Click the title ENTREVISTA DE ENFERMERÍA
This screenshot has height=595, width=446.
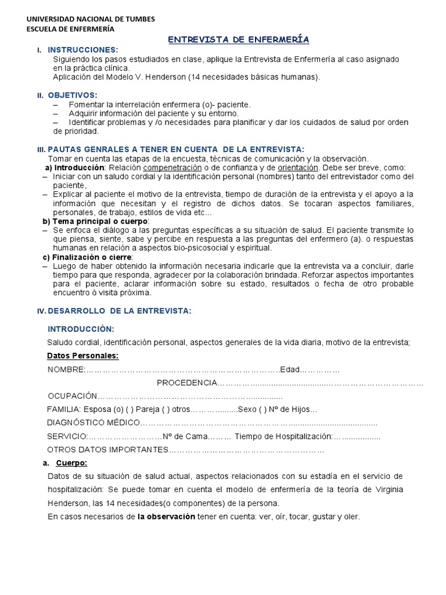239,39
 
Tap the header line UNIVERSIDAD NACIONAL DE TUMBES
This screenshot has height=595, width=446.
91,19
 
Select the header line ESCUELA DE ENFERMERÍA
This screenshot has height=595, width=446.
71,28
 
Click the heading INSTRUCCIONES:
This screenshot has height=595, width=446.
82,50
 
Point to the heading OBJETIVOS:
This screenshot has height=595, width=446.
73,95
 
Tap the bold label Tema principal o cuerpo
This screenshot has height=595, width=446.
100,221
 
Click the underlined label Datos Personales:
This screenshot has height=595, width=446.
82,355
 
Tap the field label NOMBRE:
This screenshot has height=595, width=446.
66,370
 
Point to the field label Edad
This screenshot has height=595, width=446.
289,370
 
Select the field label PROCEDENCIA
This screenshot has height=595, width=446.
186,383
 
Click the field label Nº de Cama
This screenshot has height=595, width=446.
184,436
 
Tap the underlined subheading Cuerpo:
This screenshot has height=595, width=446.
71,463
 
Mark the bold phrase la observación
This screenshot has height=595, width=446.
166,516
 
